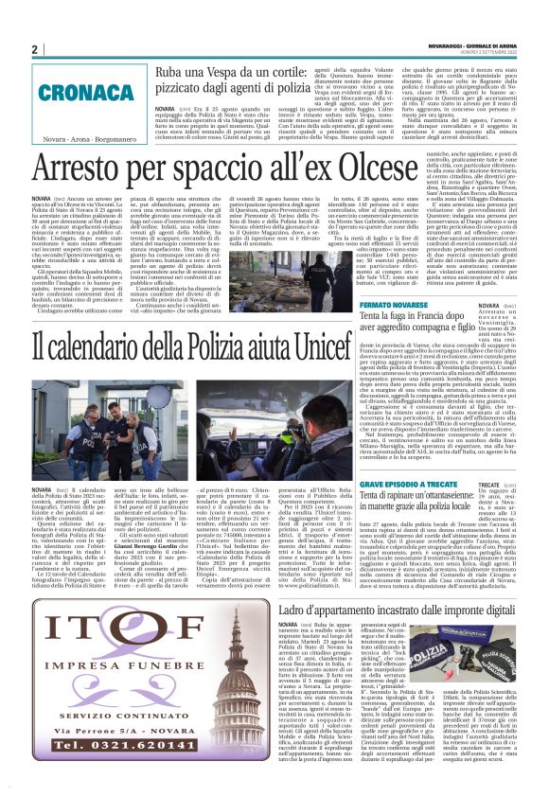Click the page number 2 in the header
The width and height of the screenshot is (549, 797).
coord(34,49)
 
